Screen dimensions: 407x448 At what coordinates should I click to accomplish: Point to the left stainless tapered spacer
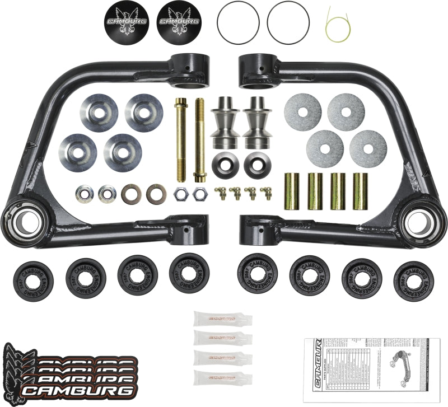point(224,120)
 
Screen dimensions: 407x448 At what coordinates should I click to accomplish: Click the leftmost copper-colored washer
point(130,194)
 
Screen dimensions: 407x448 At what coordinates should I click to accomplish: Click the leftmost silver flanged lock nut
point(83,194)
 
